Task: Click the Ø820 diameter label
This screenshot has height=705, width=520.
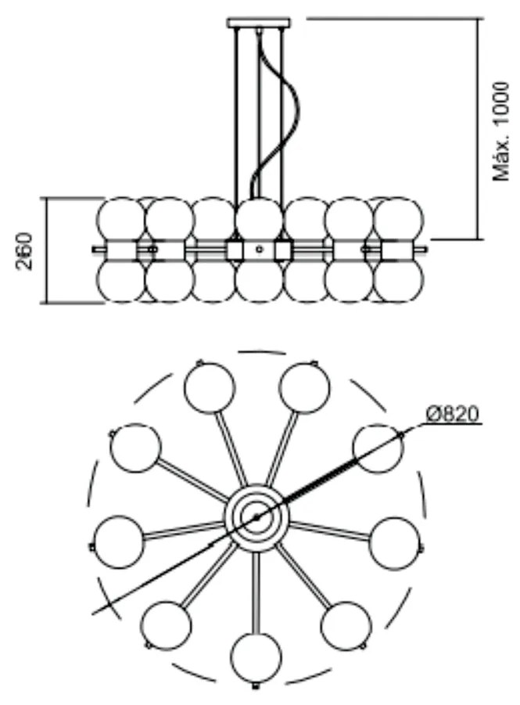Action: pos(453,414)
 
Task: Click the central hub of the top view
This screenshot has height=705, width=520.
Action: pos(255,516)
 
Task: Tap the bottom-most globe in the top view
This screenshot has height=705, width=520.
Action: pos(256,658)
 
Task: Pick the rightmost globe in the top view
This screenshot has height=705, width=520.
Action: pos(393,542)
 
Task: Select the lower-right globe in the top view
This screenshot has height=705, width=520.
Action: pos(346,625)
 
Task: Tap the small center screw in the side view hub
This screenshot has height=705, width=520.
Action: pos(259,250)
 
